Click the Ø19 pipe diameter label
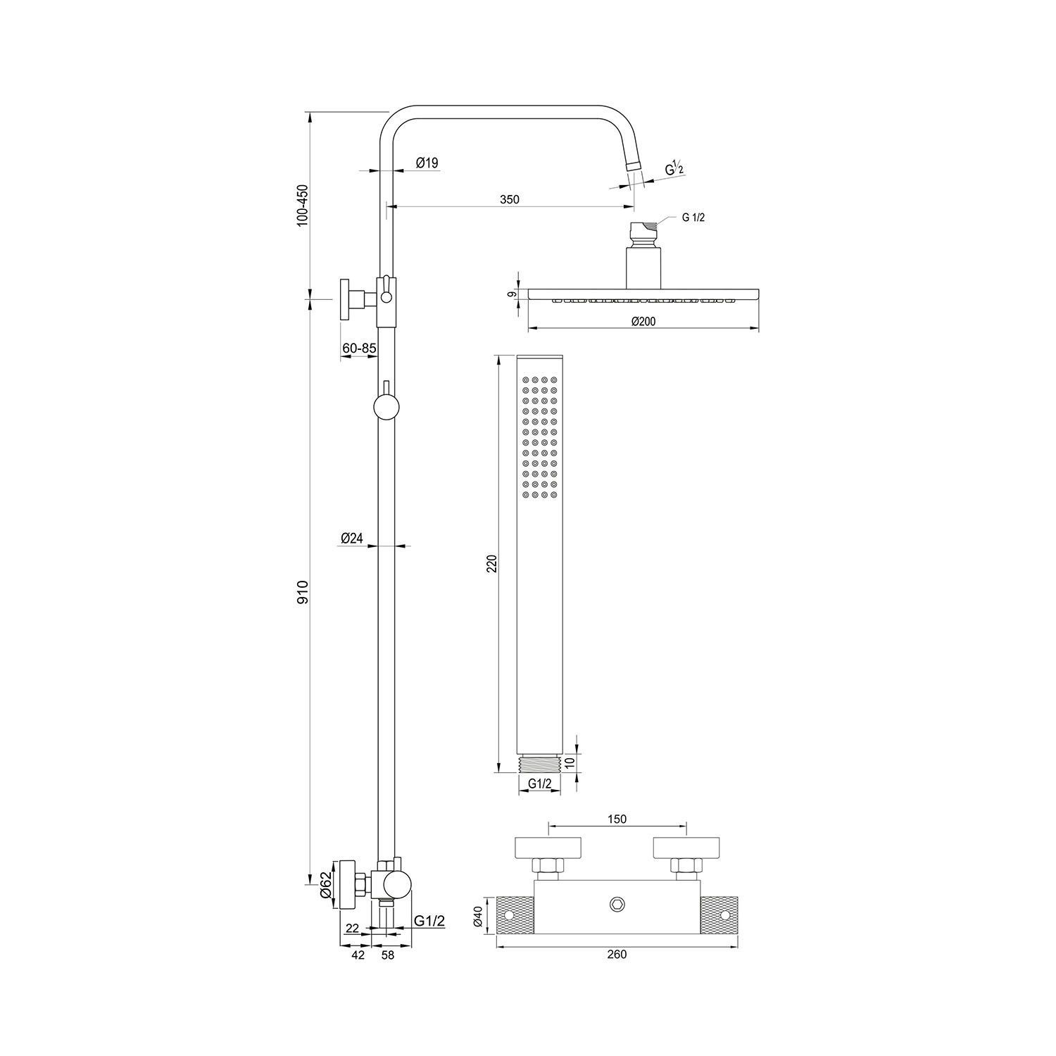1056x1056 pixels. (427, 163)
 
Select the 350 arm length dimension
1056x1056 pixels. (509, 199)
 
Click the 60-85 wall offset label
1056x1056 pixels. (359, 348)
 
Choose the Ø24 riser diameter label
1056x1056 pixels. (351, 538)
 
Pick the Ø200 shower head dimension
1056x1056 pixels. (643, 321)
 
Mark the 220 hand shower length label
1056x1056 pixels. (492, 563)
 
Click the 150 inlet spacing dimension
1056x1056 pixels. (617, 819)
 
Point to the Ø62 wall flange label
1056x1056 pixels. (325, 885)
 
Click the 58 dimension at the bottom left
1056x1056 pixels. (386, 955)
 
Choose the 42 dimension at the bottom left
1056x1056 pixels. (358, 955)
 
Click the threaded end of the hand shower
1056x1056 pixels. (540, 763)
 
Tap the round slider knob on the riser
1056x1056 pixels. (386, 407)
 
